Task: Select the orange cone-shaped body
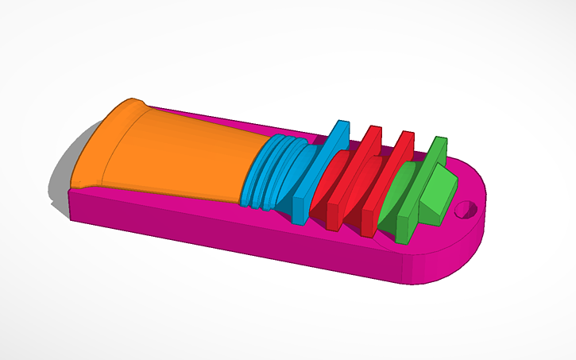183,155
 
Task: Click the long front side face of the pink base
238,238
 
